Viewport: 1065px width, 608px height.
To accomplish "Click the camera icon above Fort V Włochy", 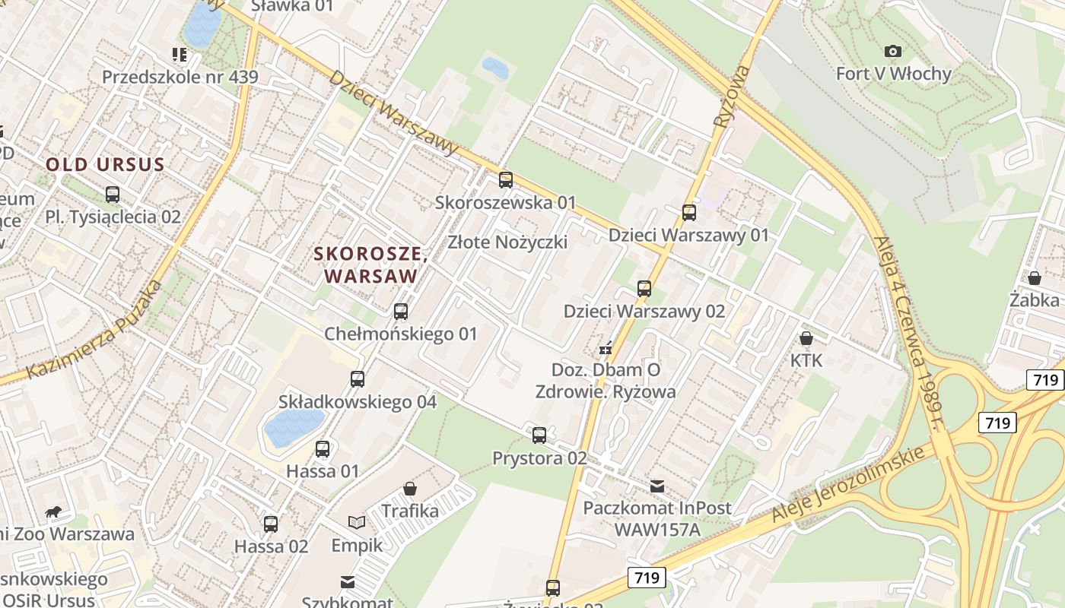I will click(893, 51).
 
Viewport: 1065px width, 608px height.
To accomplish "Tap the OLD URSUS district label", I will click(105, 164).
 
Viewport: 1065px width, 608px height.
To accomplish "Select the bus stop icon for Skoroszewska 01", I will click(505, 180).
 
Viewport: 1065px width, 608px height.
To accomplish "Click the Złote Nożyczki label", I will click(507, 242).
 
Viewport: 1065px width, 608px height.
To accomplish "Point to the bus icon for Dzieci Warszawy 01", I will click(689, 213).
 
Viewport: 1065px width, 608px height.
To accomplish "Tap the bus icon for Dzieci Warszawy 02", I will click(644, 289).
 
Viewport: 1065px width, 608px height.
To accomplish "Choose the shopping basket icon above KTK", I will click(806, 337).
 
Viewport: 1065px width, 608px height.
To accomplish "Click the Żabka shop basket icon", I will click(1035, 278).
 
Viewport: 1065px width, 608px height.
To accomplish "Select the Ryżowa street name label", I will click(731, 95).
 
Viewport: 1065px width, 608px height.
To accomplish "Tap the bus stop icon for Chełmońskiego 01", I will click(401, 312).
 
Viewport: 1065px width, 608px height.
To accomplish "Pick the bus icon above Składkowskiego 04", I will click(358, 379).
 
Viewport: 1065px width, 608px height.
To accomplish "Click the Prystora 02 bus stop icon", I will click(539, 435).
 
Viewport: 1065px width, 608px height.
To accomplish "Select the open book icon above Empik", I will click(357, 522).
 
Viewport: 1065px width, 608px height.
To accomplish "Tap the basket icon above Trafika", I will click(410, 488).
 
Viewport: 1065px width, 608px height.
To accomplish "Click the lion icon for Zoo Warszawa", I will click(53, 511).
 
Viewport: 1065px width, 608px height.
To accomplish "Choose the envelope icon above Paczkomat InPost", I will click(657, 486).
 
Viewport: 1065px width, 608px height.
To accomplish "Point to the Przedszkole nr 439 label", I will click(180, 77).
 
